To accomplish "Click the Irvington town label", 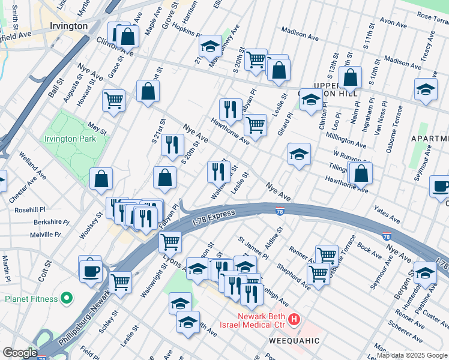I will [x=69, y=26].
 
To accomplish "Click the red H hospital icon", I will [x=294, y=320].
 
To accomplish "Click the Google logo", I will [x=19, y=353].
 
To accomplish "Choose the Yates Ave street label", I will [x=386, y=214].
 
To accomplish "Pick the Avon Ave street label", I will [x=393, y=23].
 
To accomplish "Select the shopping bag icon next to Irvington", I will [x=128, y=36].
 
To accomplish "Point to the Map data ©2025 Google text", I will [x=412, y=355].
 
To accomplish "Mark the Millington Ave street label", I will [x=346, y=140].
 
